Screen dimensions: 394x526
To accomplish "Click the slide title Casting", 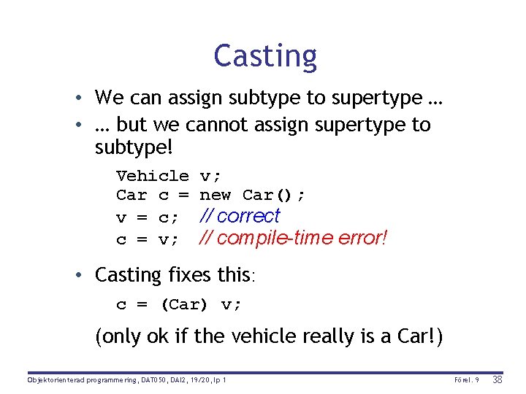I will coord(265,56).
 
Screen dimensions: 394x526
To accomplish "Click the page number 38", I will coord(497,380).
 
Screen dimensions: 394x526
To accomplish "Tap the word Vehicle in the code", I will coord(152,176).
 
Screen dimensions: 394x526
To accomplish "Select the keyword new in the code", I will coord(216,196).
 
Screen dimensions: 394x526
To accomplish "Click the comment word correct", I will coord(248,216).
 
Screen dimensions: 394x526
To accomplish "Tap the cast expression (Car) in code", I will coord(184,305).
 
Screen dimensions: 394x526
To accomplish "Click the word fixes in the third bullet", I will coord(191,275).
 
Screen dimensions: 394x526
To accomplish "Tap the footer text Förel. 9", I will coord(467,380).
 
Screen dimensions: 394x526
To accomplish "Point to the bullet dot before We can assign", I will coord(86,98).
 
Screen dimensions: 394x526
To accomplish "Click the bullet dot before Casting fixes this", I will coord(86,276).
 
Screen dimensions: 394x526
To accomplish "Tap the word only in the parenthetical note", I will coord(121,337).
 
